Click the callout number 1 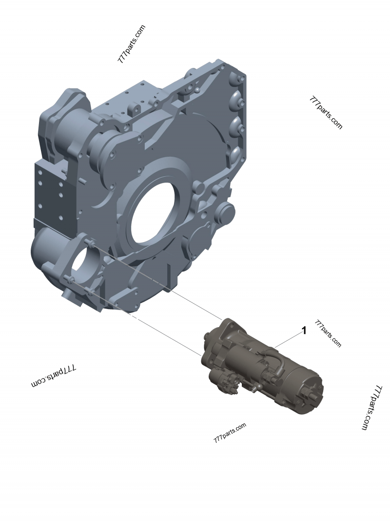pyautogui.click(x=304, y=331)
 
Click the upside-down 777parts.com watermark pyautogui.click(x=54, y=376)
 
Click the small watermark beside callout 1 pyautogui.click(x=328, y=334)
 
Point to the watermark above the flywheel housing pyautogui.click(x=132, y=44)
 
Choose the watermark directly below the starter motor pyautogui.click(x=230, y=432)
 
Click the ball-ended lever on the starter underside pyautogui.click(x=253, y=389)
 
